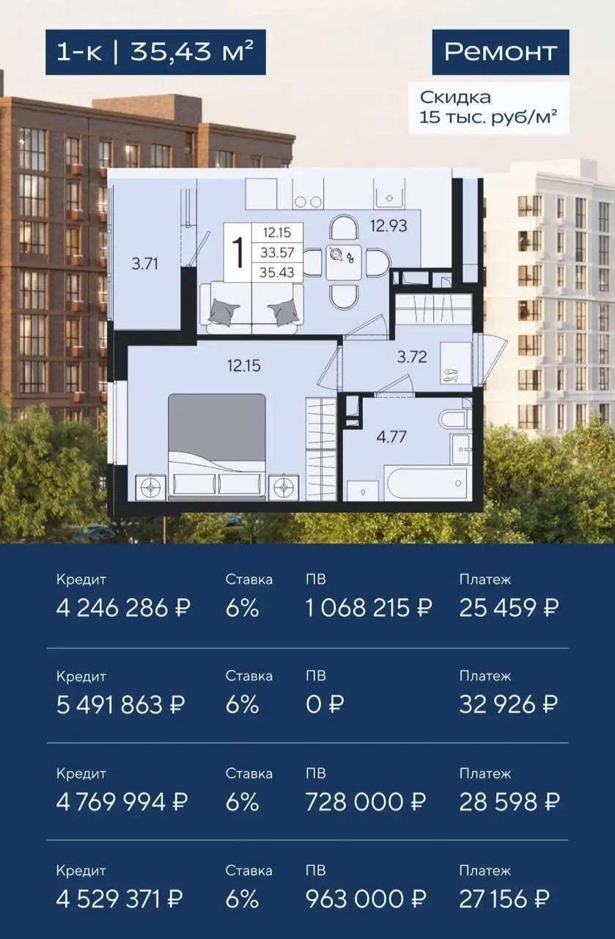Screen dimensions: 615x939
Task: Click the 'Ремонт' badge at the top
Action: pos(501,52)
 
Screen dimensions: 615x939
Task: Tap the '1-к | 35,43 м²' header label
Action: pos(155,52)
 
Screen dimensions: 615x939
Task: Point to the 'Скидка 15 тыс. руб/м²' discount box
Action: pos(489,108)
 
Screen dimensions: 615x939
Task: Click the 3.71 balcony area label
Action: pos(144,264)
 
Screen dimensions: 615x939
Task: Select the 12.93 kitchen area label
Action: pos(388,226)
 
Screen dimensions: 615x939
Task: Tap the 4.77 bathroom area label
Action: pos(391,437)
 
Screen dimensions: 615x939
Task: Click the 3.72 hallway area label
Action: pos(412,357)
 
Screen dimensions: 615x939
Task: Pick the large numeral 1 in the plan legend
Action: pos(239,252)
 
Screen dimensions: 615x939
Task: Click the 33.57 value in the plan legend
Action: pos(277,252)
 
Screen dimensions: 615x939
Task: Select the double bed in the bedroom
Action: pos(217,447)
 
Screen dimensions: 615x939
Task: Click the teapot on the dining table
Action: pos(336,255)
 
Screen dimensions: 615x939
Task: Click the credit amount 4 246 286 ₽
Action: pos(124,607)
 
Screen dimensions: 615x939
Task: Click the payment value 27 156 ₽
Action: pos(504,900)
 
